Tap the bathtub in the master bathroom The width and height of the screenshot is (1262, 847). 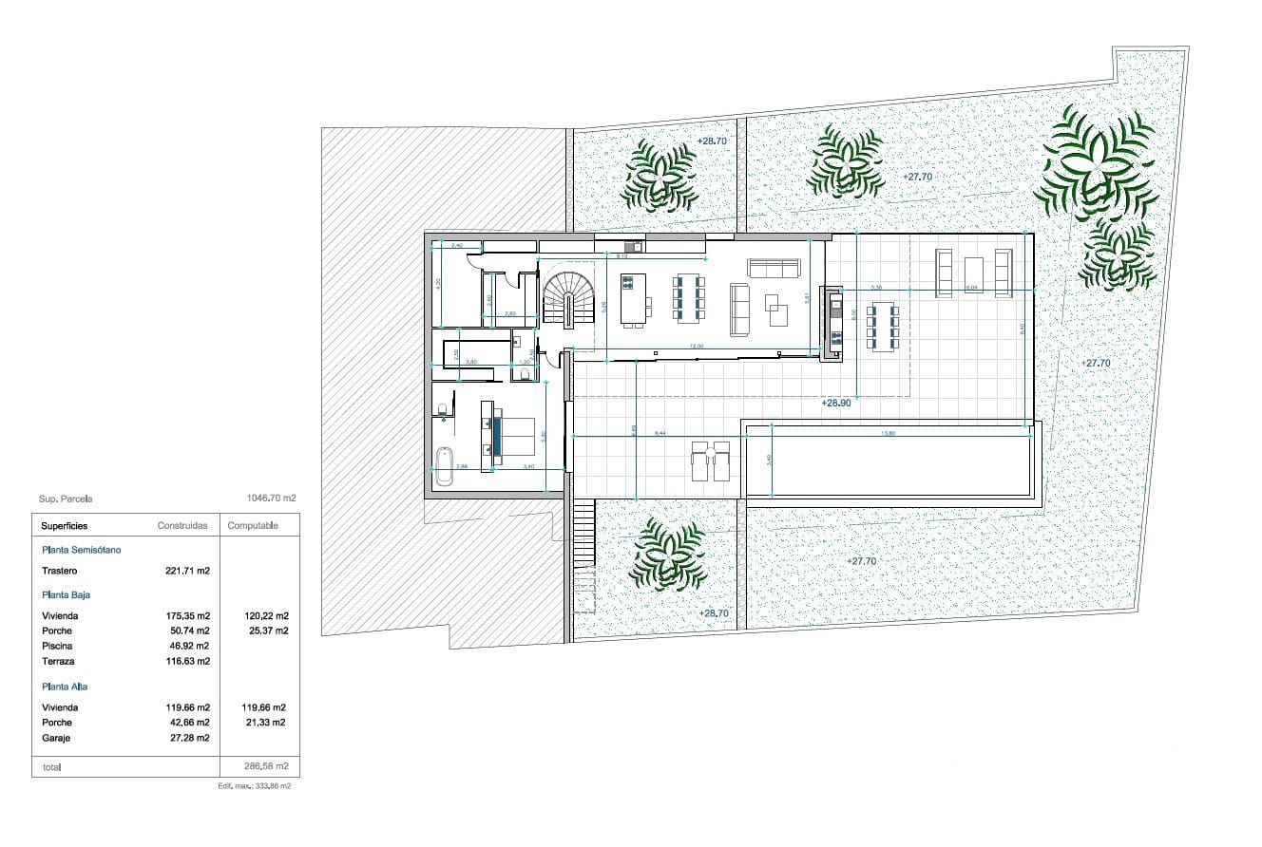[444, 466]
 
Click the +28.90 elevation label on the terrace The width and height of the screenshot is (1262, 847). [835, 404]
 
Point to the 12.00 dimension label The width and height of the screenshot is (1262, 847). [696, 347]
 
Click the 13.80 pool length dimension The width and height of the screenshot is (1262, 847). [889, 434]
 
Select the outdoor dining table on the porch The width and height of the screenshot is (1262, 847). [884, 328]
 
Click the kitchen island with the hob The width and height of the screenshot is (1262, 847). [632, 297]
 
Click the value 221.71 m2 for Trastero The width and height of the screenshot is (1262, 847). [187, 572]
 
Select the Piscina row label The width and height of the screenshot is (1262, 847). [57, 646]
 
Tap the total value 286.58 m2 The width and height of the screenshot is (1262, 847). [267, 765]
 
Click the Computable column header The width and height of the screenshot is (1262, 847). [253, 526]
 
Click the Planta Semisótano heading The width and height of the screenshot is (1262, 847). [82, 550]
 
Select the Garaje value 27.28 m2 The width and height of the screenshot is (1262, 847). [187, 738]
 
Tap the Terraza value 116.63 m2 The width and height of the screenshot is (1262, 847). [187, 661]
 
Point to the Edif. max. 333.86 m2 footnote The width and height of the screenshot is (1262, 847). [254, 787]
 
